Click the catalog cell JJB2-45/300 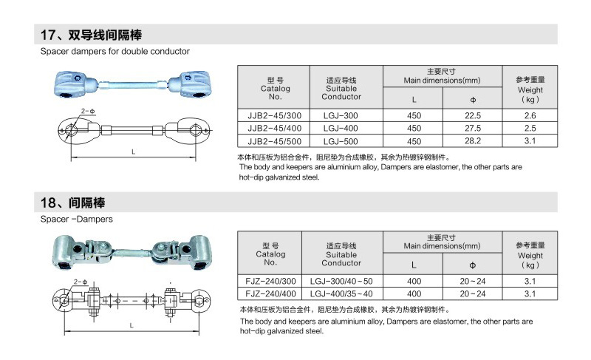coord(274,116)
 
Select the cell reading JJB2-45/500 coord(274,141)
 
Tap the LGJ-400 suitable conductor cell coord(341,129)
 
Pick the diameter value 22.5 coord(473,116)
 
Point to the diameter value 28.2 coord(473,141)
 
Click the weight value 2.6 coord(530,116)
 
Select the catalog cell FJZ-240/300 coord(270,281)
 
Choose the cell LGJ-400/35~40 coord(341,294)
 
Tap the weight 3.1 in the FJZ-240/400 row coord(530,293)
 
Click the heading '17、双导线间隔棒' coord(91,35)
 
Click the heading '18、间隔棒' coord(72,203)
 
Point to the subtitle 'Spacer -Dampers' coord(77,219)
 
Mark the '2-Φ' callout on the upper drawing coord(88,111)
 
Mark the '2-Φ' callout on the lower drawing coord(81,282)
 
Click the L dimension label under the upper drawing coord(134,152)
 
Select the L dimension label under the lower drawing coord(131,325)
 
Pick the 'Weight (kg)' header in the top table coord(530,89)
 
